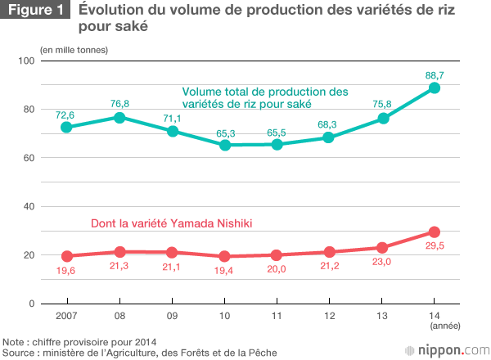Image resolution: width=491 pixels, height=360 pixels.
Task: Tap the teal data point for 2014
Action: click(435, 88)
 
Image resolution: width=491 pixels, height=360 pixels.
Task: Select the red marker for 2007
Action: click(68, 256)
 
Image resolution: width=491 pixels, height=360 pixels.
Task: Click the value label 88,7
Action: click(435, 74)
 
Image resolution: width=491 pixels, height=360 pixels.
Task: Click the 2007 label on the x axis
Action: click(68, 316)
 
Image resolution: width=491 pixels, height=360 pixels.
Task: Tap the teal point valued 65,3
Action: click(224, 145)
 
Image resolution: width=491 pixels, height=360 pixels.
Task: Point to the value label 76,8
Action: click(120, 103)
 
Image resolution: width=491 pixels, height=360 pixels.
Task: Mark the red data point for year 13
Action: click(381, 247)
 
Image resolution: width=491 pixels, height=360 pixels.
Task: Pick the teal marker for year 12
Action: click(329, 137)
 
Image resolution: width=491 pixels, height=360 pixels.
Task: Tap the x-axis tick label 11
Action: click(277, 316)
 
